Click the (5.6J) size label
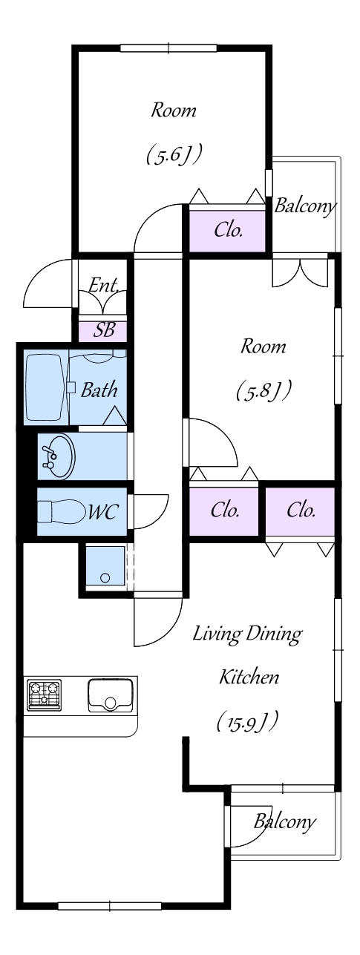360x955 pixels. click(x=174, y=154)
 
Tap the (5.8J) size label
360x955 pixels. click(x=264, y=390)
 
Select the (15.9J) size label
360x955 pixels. click(x=248, y=721)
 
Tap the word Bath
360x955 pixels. click(x=99, y=390)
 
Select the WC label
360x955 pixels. click(x=102, y=511)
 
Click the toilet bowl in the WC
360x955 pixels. click(x=61, y=511)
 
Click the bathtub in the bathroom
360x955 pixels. click(x=46, y=387)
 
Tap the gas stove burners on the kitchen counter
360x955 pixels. click(x=44, y=695)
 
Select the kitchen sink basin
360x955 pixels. click(x=111, y=695)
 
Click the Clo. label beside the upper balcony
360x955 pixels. click(x=229, y=230)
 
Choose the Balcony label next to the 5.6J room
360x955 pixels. click(x=304, y=206)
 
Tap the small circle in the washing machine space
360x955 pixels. click(x=105, y=578)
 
